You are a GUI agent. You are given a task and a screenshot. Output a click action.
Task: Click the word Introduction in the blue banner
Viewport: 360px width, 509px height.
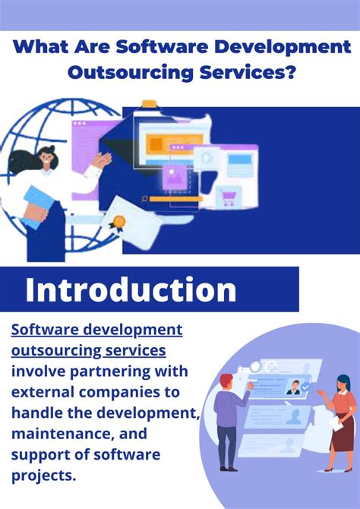point(131,289)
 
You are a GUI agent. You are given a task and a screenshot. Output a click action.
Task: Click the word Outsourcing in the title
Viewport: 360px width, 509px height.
point(131,73)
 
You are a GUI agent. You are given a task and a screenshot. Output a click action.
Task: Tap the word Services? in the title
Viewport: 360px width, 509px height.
point(248,72)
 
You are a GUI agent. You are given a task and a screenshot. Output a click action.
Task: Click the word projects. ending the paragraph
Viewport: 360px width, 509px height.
point(43,476)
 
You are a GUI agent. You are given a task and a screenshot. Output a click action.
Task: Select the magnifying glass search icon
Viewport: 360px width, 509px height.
point(144,199)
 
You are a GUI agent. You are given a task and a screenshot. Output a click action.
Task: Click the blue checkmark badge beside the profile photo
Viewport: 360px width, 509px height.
point(305,387)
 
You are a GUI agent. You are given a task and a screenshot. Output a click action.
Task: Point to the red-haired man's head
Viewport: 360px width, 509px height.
point(226,382)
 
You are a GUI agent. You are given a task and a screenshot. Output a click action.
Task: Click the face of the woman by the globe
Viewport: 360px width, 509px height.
point(45,159)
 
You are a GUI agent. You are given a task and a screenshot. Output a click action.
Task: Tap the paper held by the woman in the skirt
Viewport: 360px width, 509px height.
point(336,423)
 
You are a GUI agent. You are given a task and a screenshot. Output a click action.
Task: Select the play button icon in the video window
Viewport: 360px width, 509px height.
point(206,158)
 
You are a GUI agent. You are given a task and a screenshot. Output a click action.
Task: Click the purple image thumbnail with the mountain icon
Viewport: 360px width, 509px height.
point(175,177)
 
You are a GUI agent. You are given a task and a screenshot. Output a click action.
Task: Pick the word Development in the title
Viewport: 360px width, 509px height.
point(283,47)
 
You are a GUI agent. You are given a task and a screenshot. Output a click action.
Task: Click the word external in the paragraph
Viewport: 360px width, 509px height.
point(43,392)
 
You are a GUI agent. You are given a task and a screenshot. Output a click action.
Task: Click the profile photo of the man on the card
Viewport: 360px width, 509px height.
point(294,387)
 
